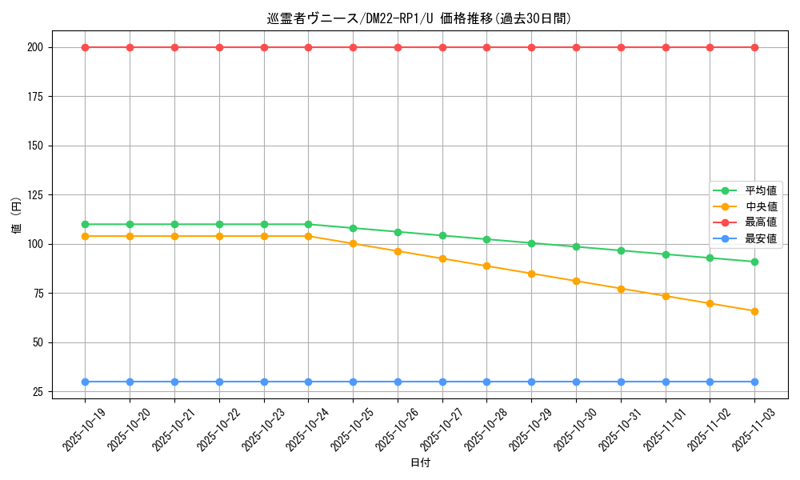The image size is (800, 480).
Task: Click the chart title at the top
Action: tap(419, 18)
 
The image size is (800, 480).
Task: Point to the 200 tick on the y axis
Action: tap(35, 47)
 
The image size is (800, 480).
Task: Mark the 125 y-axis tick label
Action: tap(35, 194)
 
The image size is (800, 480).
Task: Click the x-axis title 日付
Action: tap(420, 463)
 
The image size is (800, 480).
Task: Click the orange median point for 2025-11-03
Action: tap(754, 311)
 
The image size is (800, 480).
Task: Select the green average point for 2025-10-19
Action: tap(85, 224)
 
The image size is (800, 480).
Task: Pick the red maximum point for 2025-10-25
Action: tap(353, 47)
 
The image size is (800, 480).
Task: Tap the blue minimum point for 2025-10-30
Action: tap(576, 382)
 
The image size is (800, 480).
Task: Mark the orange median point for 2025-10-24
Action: tap(308, 236)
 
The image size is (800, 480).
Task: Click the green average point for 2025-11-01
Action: tap(666, 254)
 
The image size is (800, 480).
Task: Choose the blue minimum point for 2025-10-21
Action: tap(174, 382)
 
